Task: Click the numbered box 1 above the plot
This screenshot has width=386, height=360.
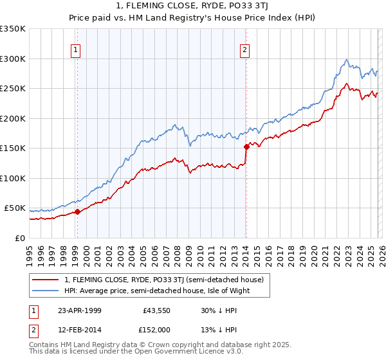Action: click(x=77, y=50)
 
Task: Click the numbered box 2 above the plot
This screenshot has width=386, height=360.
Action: click(x=245, y=50)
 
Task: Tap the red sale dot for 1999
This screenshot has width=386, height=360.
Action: click(x=77, y=212)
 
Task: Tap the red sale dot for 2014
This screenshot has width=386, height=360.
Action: click(x=246, y=147)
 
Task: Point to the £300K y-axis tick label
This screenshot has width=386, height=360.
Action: click(x=14, y=59)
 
